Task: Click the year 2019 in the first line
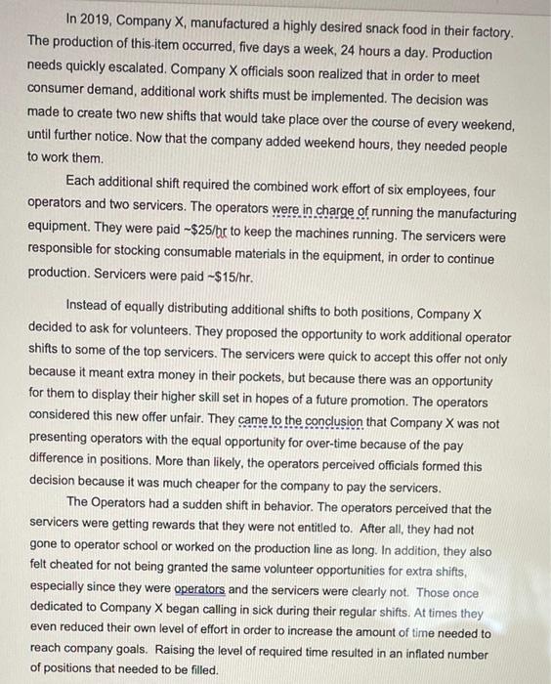(x=98, y=21)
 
